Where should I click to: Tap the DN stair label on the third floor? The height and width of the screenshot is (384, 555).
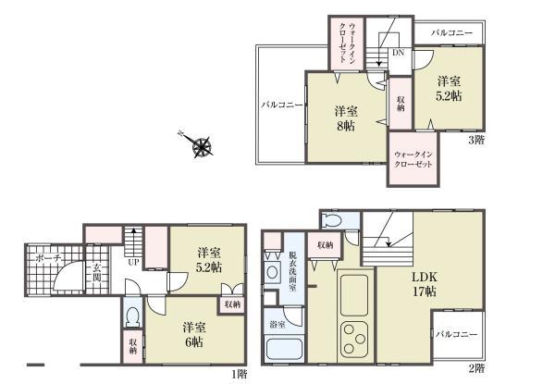(x=398, y=53)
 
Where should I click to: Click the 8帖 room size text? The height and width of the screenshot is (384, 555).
(x=344, y=127)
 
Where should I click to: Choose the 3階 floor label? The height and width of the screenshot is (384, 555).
(x=475, y=140)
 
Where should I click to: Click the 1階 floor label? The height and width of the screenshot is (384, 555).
(x=239, y=373)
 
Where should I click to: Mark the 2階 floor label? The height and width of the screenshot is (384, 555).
(x=476, y=367)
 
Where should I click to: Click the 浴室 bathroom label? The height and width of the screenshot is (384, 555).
(x=277, y=325)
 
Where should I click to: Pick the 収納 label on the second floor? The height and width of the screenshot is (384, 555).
(x=325, y=245)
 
